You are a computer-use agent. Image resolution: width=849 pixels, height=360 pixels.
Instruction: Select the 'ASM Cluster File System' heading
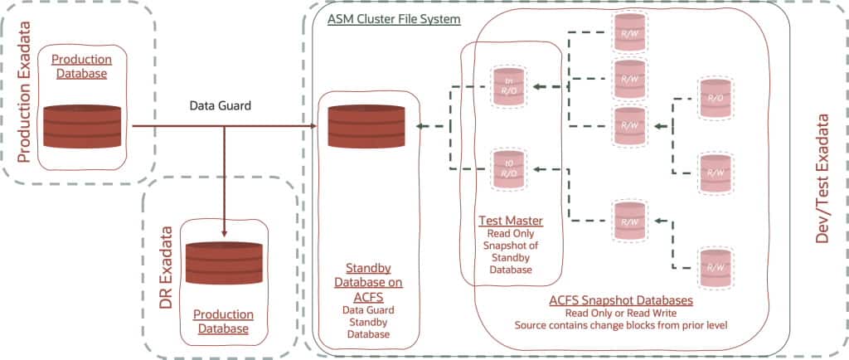[394, 18]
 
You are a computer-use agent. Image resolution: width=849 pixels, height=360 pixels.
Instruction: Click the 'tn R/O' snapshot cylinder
[507, 87]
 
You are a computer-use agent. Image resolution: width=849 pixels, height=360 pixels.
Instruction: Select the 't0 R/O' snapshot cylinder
[507, 171]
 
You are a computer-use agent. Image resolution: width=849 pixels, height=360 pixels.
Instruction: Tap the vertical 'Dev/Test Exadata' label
[823, 179]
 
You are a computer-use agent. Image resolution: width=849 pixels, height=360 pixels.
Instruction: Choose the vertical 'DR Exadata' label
[165, 265]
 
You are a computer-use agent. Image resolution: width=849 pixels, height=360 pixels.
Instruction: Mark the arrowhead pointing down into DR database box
[225, 231]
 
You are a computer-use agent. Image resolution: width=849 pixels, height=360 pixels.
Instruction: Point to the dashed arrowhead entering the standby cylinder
[421, 126]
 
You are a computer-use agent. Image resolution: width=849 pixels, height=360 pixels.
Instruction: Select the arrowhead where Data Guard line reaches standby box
[313, 126]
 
